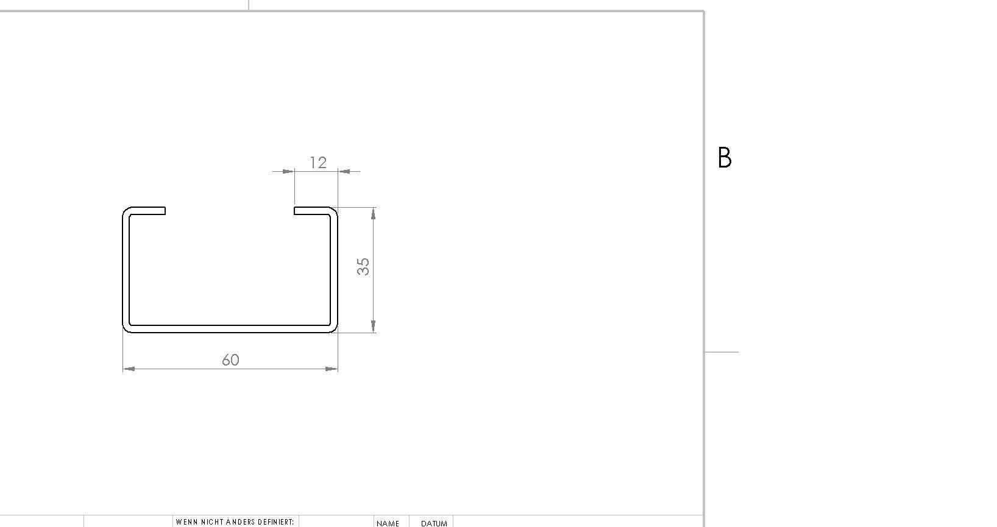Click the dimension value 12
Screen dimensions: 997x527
pyautogui.click(x=318, y=163)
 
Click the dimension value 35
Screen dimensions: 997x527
pyautogui.click(x=363, y=267)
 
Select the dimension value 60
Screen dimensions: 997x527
pyautogui.click(x=230, y=359)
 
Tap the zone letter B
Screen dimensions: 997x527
pyautogui.click(x=725, y=158)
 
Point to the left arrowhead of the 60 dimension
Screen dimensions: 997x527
pyautogui.click(x=129, y=369)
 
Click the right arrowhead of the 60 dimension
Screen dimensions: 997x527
pyautogui.click(x=332, y=369)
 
